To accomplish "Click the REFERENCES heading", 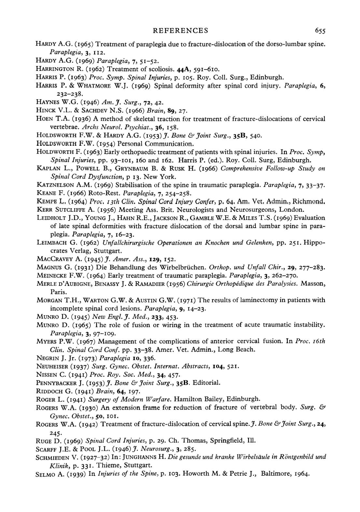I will (x=180, y=31).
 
